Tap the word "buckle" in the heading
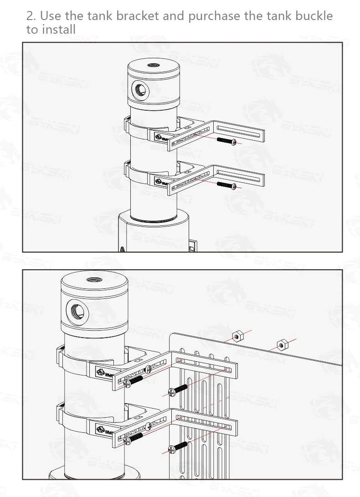(314, 16)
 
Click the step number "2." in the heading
(31, 16)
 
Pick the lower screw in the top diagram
(226, 184)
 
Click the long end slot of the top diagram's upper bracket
(240, 132)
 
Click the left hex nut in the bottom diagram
(236, 337)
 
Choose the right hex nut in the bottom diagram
(282, 343)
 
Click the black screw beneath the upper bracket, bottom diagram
(178, 390)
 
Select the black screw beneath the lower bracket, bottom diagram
(178, 447)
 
